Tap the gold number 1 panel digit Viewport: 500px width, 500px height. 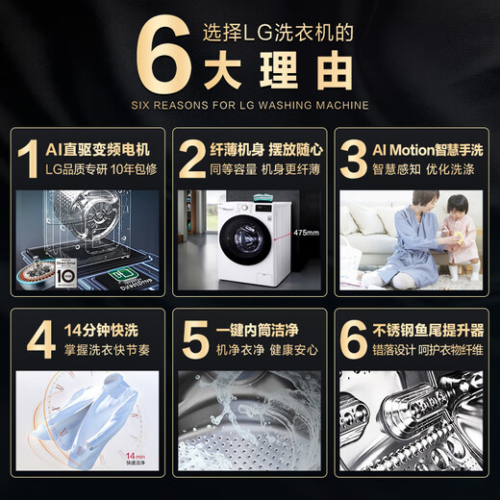point(32,161)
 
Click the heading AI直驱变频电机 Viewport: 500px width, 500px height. point(98,149)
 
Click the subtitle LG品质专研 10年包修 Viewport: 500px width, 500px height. point(98,171)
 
